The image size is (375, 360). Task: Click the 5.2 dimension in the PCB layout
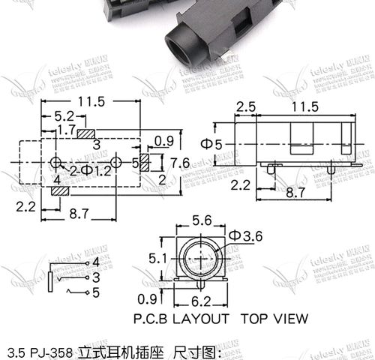64,116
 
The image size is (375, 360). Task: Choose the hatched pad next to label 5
145,162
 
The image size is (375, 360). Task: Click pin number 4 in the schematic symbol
95,262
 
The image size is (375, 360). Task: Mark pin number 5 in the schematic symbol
95,292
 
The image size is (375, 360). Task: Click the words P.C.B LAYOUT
181,318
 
